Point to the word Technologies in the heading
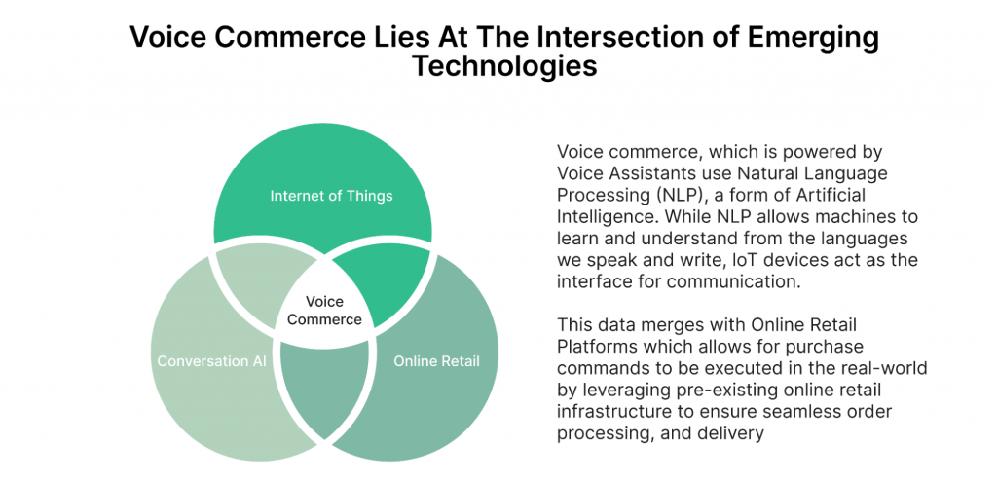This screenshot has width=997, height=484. coord(505,65)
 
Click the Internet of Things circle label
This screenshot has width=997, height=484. coord(331,195)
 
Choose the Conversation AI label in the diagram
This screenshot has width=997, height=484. coord(211,360)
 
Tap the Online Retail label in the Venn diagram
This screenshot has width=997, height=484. coord(436,360)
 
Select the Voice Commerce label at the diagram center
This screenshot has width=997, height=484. coord(324,310)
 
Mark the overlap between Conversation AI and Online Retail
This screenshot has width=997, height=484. coord(324,388)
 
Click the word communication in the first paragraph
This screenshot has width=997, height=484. coord(736,282)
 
